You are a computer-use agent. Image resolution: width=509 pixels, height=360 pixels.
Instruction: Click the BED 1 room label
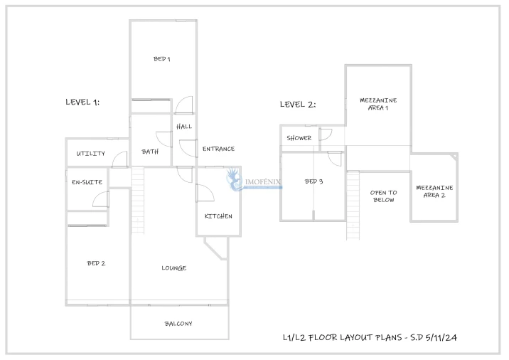[x=161, y=59]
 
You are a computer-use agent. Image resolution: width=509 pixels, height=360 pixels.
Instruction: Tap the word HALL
[x=184, y=127]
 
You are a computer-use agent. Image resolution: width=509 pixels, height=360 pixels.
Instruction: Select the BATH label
[x=150, y=152]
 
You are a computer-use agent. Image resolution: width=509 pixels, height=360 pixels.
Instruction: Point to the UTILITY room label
[x=90, y=154]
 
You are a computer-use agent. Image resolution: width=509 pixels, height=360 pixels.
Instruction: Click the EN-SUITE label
[x=87, y=182]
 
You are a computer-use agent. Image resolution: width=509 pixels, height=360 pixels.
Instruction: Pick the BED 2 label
[x=96, y=263]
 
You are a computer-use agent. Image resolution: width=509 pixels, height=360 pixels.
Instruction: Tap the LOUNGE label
[x=174, y=268]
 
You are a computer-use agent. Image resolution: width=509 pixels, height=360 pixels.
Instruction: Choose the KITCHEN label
[x=218, y=216]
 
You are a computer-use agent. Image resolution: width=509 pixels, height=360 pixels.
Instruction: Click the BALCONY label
[x=178, y=324]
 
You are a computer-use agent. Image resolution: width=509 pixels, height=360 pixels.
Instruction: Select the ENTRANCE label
[x=218, y=149]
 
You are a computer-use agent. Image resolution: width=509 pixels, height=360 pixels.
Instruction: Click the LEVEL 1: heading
[x=82, y=102]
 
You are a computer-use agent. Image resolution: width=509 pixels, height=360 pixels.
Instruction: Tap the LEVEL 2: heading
[x=298, y=105]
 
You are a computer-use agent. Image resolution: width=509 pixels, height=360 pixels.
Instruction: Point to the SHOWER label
[x=299, y=138]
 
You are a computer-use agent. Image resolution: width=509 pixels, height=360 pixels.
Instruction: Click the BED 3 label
[x=314, y=181]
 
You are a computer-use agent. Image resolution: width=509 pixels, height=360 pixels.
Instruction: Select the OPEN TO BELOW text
[x=384, y=196]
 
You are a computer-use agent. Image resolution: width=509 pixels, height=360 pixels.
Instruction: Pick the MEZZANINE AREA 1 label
[x=378, y=104]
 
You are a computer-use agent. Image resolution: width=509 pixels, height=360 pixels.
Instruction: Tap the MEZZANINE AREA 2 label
[x=434, y=191]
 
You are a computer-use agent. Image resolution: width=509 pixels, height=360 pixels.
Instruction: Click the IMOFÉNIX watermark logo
[x=253, y=181]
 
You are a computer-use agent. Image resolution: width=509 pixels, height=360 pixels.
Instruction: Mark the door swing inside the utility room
[x=119, y=159]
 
